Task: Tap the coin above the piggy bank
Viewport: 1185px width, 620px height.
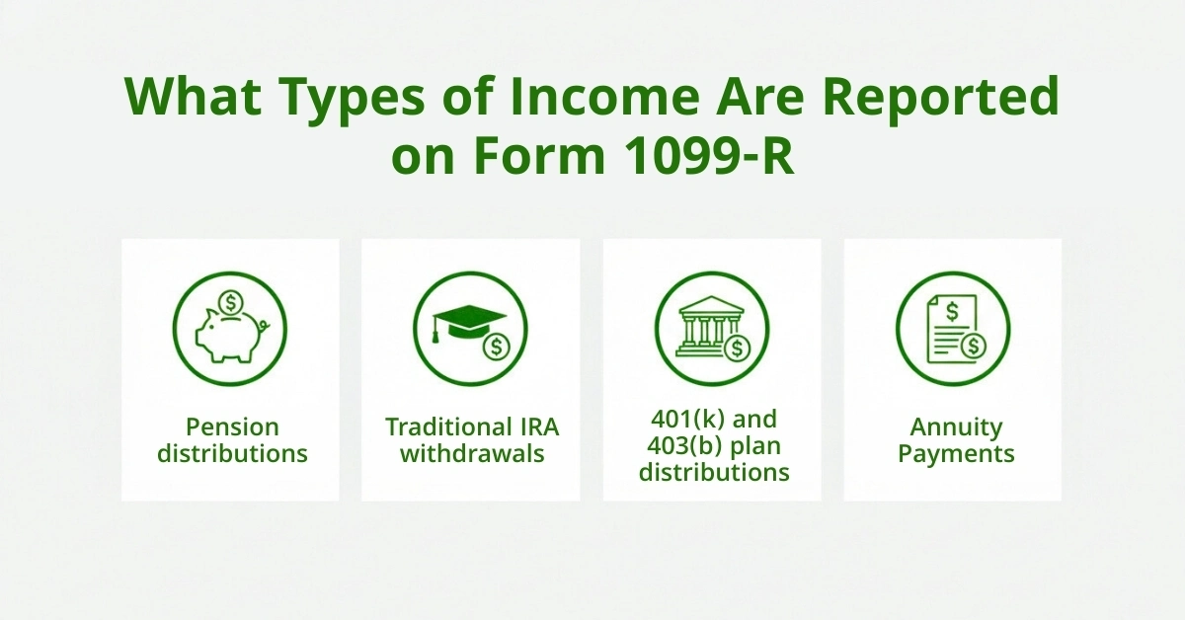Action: coord(231,300)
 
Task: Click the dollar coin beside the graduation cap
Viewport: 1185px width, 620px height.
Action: coord(496,347)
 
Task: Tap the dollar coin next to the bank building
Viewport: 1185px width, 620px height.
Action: coord(737,347)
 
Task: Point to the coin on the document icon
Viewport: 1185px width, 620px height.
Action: coord(974,345)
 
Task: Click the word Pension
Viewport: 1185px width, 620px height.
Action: coord(232,427)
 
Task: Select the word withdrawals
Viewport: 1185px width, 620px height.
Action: coord(472,454)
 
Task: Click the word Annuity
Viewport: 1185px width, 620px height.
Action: coord(955,428)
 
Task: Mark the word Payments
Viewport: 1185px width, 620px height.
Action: coord(955,454)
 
